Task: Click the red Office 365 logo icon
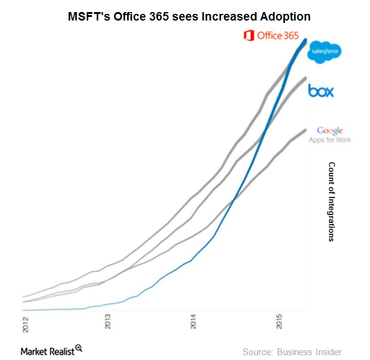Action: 248,36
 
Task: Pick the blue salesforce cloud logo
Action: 325,53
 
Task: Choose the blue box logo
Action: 321,91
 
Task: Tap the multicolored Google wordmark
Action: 330,130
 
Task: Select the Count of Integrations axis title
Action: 331,201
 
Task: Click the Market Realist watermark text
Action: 47,351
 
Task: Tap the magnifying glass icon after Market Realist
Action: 78,349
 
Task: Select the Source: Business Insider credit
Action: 292,352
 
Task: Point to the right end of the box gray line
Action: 305,79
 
